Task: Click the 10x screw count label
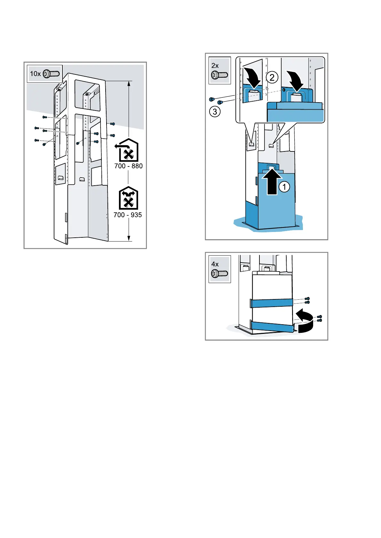(x=35, y=74)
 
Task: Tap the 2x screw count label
(x=215, y=65)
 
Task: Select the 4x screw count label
(x=215, y=264)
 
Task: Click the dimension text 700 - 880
(x=128, y=166)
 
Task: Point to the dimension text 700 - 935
(x=128, y=215)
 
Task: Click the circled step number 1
(x=284, y=187)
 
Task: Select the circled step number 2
(x=272, y=77)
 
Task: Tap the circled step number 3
(x=215, y=112)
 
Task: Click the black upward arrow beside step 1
(x=272, y=182)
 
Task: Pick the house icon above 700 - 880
(x=128, y=150)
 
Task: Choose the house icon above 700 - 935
(x=128, y=198)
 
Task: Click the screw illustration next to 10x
(x=52, y=73)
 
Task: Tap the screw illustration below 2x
(x=219, y=75)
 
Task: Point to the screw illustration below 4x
(x=219, y=274)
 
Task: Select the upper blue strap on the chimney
(x=271, y=303)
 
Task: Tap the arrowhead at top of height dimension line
(x=129, y=84)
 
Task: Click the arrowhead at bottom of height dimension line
(x=129, y=238)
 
